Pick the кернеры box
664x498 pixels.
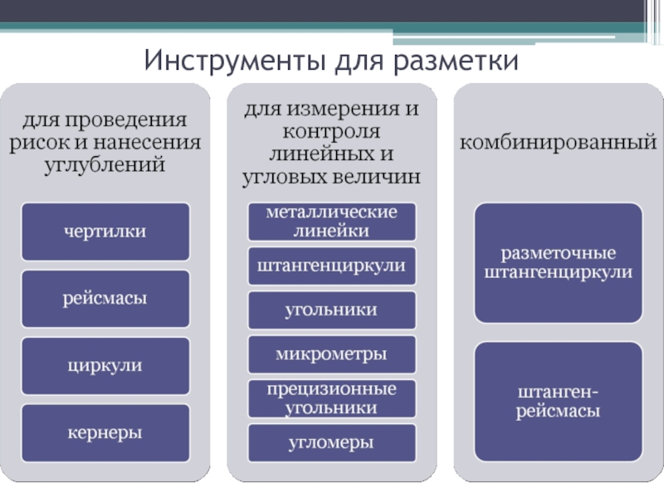tap(105, 432)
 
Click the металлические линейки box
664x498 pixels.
tap(331, 222)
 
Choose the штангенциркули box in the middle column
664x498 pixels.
tap(331, 266)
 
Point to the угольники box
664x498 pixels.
tap(331, 310)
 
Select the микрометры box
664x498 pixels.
tap(331, 354)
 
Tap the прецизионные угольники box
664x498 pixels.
tap(331, 398)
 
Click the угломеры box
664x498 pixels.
tap(331, 442)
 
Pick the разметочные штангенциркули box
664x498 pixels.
tap(558, 261)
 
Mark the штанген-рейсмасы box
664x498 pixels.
tap(558, 401)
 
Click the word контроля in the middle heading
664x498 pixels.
tap(331, 132)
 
